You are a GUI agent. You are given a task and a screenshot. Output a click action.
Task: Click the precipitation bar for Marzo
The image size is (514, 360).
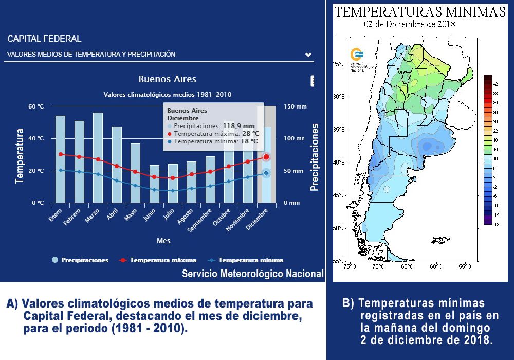click(x=98, y=157)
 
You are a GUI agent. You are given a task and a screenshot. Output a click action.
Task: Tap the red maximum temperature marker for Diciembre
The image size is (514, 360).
click(x=266, y=157)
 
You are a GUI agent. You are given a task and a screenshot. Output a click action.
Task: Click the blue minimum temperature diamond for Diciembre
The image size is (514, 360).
click(x=266, y=173)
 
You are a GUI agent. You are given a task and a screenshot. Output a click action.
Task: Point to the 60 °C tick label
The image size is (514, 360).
click(x=35, y=106)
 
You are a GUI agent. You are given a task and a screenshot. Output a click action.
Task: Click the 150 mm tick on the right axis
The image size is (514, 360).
click(x=295, y=106)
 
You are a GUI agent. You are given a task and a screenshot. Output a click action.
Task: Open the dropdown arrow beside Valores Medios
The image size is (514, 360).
click(x=308, y=55)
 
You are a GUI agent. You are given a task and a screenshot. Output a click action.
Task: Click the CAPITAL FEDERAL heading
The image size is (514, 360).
click(x=44, y=39)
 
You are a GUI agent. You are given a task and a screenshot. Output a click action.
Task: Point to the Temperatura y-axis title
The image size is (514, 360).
click(x=20, y=156)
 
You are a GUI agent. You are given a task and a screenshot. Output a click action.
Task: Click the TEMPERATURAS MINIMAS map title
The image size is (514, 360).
click(x=420, y=12)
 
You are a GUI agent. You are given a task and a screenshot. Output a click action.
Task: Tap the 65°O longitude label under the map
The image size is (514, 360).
click(x=407, y=266)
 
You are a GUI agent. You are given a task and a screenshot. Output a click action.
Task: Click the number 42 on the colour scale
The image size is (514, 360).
click(x=496, y=83)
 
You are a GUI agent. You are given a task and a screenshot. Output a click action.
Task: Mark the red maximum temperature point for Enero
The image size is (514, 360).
click(x=61, y=154)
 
